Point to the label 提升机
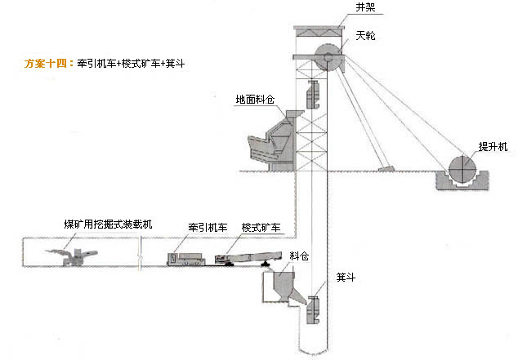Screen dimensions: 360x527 (493, 146)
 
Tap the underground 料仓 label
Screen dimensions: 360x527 (300, 256)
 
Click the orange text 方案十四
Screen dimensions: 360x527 (48, 62)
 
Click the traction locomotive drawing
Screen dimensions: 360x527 (187, 258)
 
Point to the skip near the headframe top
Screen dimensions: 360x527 (311, 96)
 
